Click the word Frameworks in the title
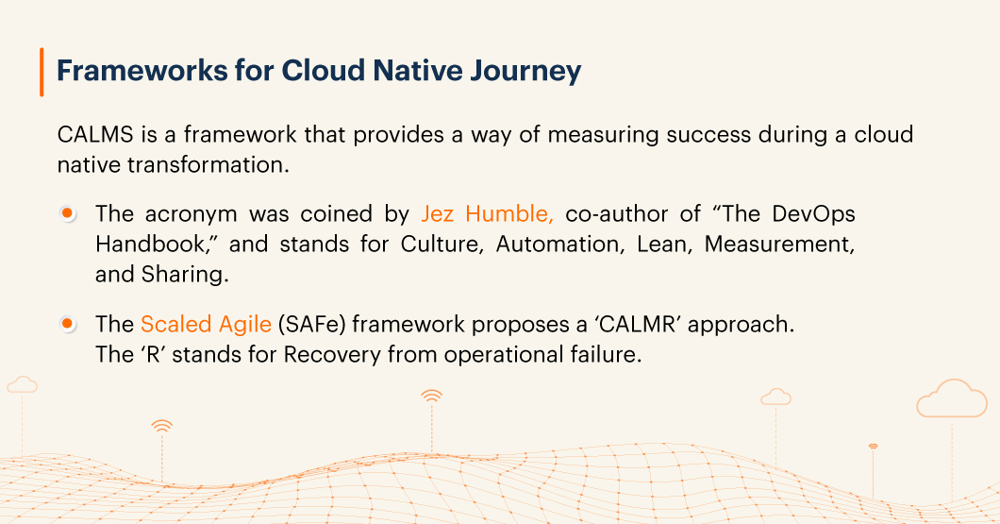pyautogui.click(x=142, y=70)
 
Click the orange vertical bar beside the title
pyautogui.click(x=42, y=72)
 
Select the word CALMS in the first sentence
pyautogui.click(x=95, y=135)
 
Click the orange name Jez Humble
pyautogui.click(x=487, y=213)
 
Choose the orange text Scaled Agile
pyautogui.click(x=206, y=324)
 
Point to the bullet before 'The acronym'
pyautogui.click(x=67, y=212)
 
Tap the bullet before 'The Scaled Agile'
pyautogui.click(x=67, y=324)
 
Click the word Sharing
pyautogui.click(x=185, y=275)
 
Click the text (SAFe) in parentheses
pyautogui.click(x=312, y=324)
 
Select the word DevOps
pyautogui.click(x=813, y=213)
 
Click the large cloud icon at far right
pyautogui.click(x=952, y=399)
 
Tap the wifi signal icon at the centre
pyautogui.click(x=432, y=396)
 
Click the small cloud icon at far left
pyautogui.click(x=23, y=384)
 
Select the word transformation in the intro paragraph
pyautogui.click(x=208, y=164)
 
